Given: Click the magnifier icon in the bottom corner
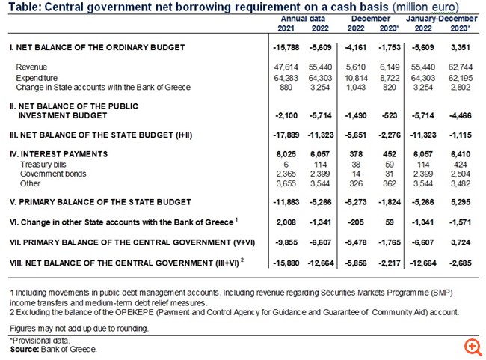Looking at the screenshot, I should tap(472, 347).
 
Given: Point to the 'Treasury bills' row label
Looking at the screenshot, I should tap(43, 164).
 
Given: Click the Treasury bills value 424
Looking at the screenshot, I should tap(464, 164).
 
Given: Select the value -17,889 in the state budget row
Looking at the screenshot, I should tap(286, 135).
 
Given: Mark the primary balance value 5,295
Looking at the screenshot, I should tap(461, 202).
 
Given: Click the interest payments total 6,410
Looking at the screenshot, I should tap(461, 154).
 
